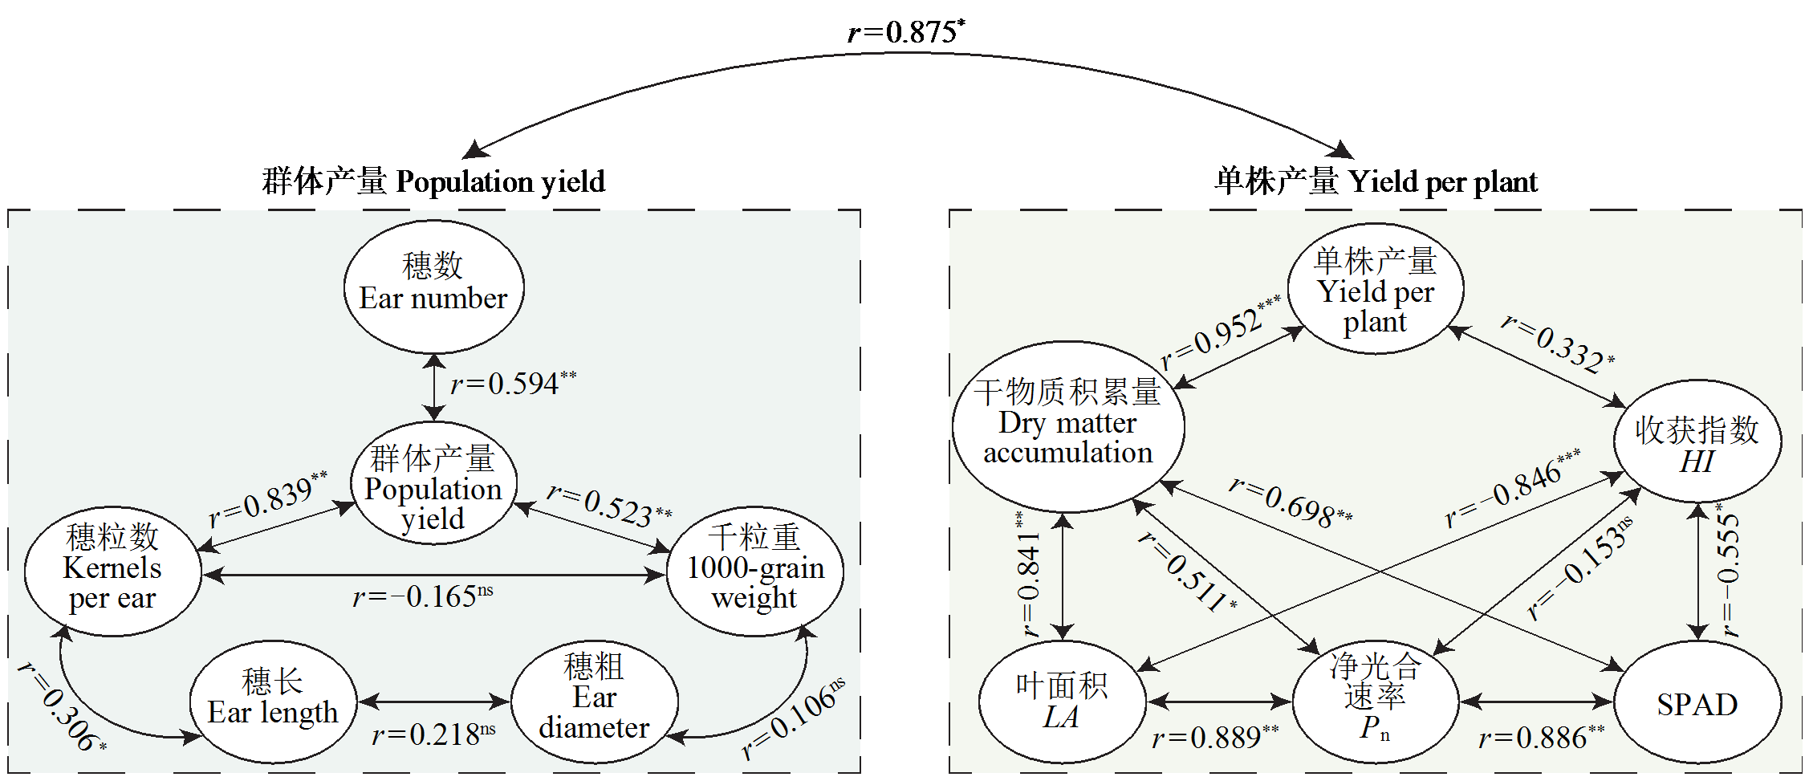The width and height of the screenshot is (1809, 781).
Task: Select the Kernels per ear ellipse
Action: (112, 571)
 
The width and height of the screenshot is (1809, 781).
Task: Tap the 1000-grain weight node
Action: (754, 571)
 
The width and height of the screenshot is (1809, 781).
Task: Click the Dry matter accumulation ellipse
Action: (1068, 425)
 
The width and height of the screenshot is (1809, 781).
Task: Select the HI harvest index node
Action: (1697, 441)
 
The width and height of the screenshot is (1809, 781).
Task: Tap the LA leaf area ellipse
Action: (1062, 701)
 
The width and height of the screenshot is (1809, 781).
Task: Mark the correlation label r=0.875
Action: (905, 32)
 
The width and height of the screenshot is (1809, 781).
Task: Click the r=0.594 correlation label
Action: (512, 384)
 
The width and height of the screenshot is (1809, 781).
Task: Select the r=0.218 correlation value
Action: (433, 734)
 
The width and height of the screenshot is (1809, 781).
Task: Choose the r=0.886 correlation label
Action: (1541, 737)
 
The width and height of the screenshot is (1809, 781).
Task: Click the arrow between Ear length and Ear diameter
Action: (434, 702)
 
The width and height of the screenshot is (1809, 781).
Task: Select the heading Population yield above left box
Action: (433, 181)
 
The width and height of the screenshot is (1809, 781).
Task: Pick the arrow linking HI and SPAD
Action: (1697, 572)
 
